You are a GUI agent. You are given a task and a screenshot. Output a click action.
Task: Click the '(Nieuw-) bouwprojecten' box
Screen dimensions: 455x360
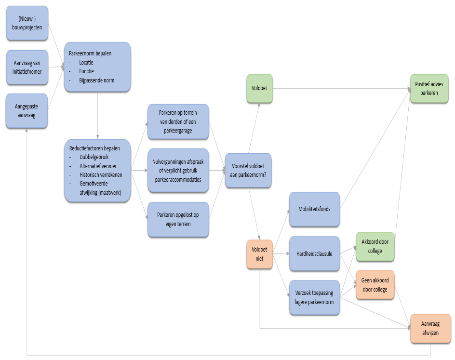27,23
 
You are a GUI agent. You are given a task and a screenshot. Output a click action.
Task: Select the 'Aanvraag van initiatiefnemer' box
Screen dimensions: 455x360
27,67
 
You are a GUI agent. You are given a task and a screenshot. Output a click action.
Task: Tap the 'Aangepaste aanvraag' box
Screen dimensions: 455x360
27,111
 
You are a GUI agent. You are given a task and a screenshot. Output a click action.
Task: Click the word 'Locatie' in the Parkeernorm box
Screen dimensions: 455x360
86,62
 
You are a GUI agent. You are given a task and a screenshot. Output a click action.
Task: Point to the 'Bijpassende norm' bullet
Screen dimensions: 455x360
96,80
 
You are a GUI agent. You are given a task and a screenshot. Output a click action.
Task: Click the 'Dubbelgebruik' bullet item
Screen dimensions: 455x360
94,157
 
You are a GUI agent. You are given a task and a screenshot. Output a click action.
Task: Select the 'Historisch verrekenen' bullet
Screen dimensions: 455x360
101,175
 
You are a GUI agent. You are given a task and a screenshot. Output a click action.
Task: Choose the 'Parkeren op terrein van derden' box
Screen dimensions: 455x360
178,121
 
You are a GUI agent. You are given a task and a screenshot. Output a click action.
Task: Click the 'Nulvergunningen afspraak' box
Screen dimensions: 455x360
178,171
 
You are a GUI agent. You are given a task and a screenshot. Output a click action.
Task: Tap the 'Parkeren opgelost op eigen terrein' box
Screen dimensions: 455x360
178,220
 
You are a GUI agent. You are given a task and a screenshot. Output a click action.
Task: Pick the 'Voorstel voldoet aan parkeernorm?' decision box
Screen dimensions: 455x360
248,171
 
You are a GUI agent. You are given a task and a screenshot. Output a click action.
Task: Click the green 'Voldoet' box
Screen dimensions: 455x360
259,89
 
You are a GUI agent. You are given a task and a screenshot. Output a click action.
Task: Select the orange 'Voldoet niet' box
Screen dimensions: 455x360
259,254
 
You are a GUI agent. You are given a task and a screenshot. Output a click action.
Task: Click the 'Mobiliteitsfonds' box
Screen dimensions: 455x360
314,209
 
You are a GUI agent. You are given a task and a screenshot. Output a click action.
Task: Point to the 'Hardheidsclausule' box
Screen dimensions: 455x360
314,254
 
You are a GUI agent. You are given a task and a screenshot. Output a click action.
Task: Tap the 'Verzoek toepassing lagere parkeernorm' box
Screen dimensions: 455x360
314,298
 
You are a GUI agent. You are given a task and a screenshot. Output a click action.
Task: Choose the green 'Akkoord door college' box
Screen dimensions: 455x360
375,247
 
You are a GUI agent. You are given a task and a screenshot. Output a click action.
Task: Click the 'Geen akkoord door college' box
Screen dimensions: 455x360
375,285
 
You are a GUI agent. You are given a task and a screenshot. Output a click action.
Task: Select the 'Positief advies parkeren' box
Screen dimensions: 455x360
429,89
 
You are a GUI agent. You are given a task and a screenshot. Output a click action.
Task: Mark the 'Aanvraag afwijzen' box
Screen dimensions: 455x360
430,329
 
